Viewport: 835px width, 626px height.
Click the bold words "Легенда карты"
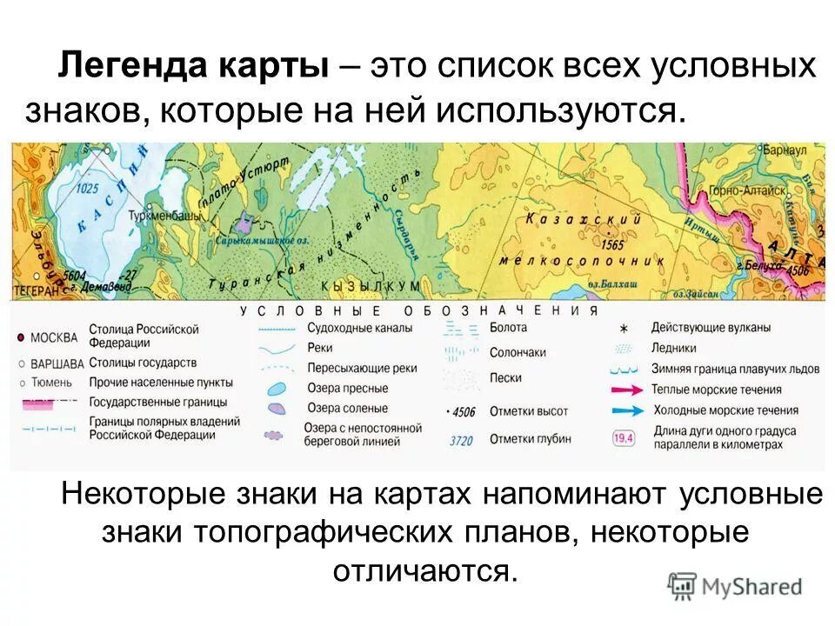[x=193, y=68]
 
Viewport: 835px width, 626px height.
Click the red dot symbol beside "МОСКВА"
[x=20, y=337]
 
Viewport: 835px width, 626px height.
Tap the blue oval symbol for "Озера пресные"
[x=277, y=389]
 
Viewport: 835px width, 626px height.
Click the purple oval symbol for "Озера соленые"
[x=277, y=408]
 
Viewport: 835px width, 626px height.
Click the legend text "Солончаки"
[x=518, y=353]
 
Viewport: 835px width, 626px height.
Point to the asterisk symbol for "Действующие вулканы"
[x=624, y=329]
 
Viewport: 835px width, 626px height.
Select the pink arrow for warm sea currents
[x=626, y=390]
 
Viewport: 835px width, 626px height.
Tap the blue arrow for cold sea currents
[x=626, y=410]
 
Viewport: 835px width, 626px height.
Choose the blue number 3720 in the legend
[x=460, y=441]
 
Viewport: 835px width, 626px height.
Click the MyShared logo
[x=736, y=586]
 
